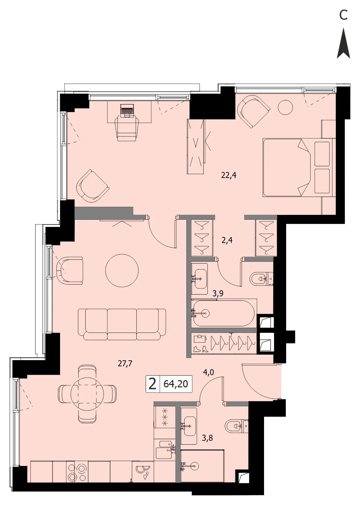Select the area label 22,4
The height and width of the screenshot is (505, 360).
pos(228,175)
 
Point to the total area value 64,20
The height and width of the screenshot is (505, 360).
pos(176,384)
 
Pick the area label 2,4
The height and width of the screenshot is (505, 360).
pos(227,240)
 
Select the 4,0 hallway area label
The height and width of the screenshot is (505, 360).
pos(208,372)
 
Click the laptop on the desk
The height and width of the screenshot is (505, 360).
pos(127,111)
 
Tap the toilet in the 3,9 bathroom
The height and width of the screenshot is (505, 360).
pos(261,279)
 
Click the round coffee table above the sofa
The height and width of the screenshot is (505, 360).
pos(122,270)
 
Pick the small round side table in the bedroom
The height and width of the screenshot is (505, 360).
pos(285,107)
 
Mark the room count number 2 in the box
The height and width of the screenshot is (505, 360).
pos(153,384)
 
